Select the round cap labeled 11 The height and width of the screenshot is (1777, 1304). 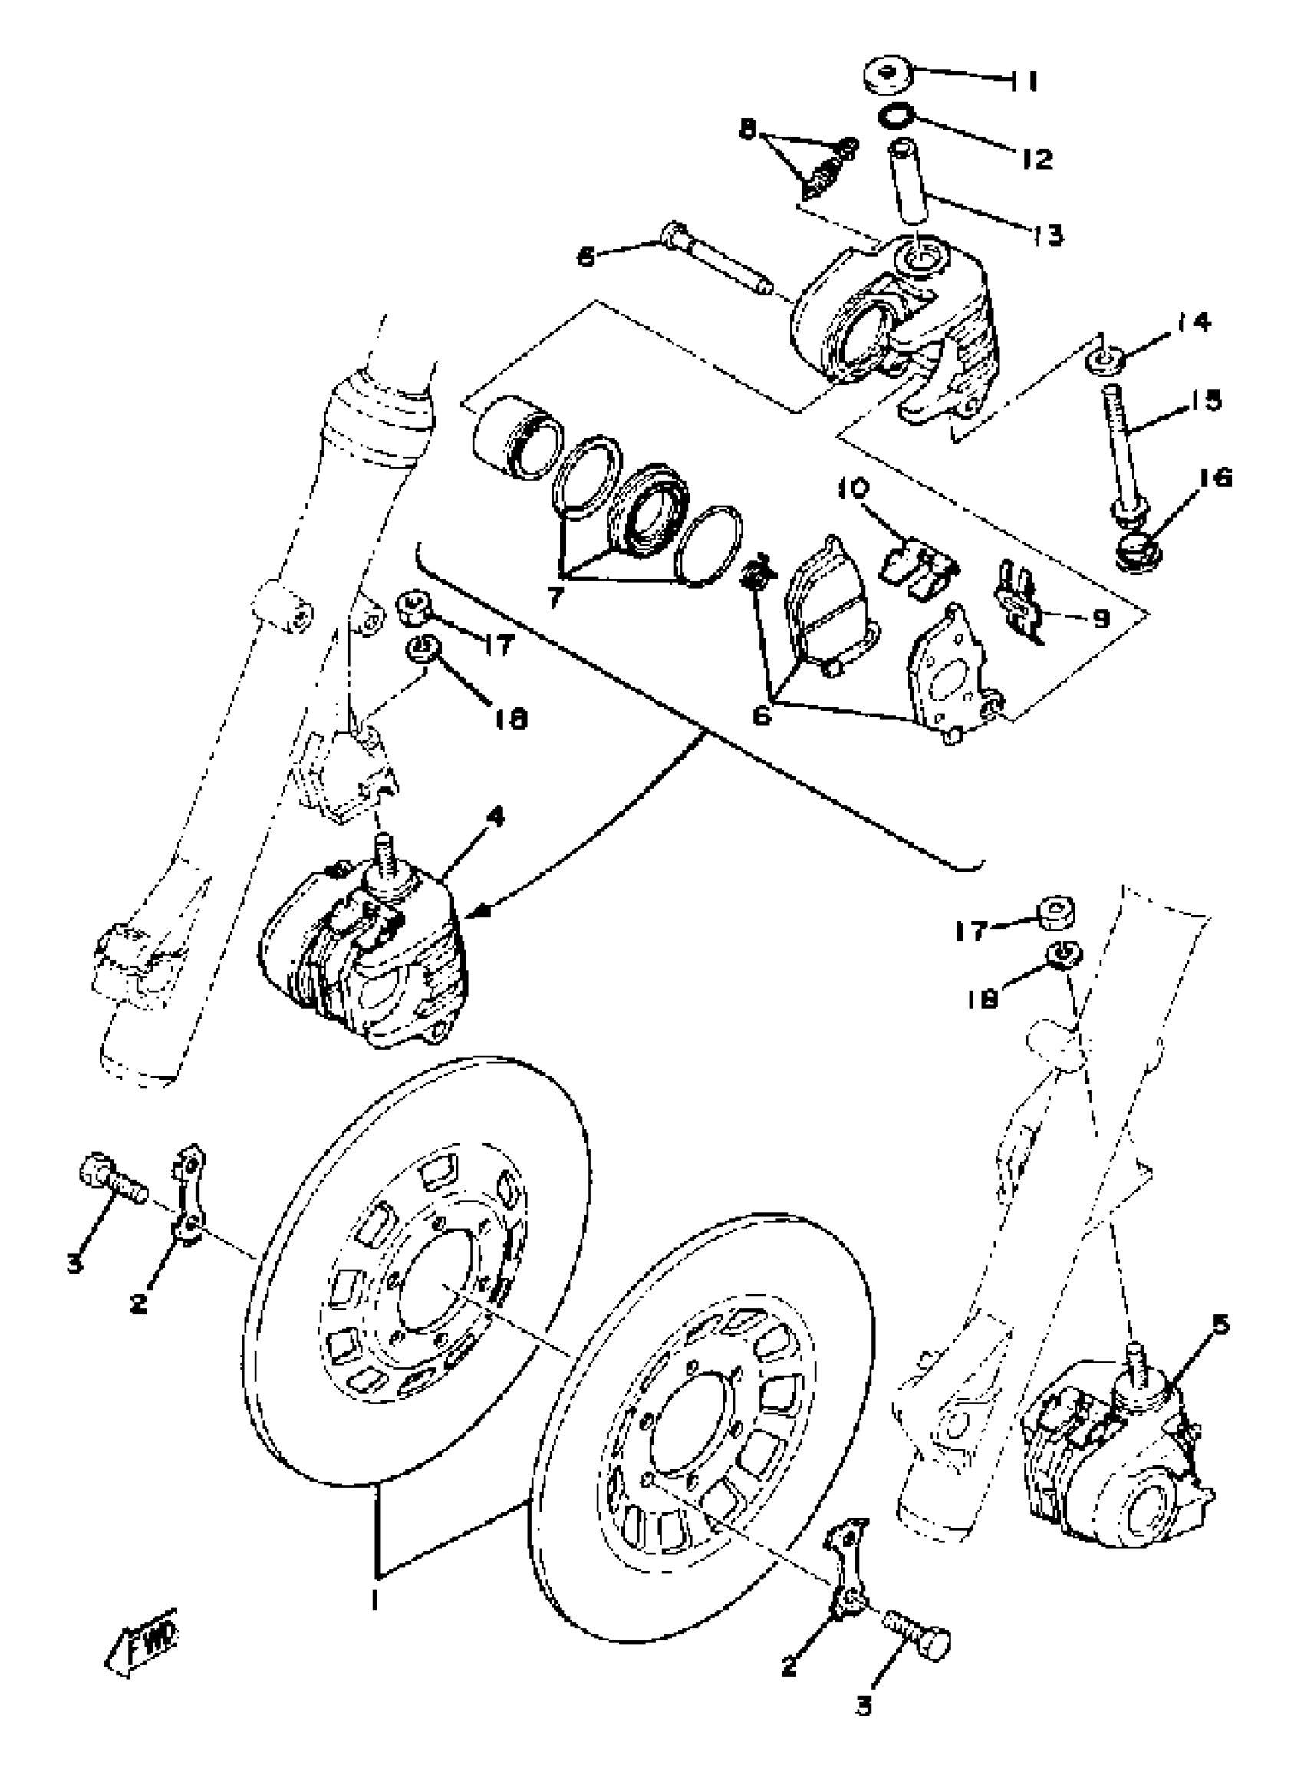[x=887, y=76]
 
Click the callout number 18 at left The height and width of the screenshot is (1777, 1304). [x=513, y=718]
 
